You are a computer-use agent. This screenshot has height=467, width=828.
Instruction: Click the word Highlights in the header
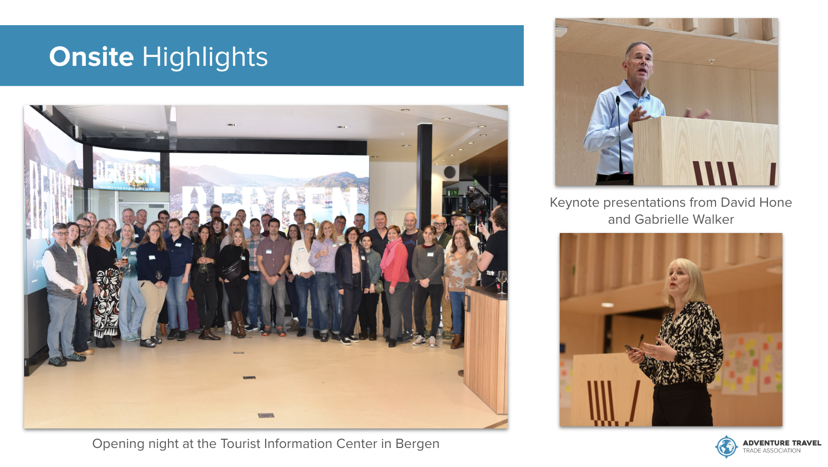205,58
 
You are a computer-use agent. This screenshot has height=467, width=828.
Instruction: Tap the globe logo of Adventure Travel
726,446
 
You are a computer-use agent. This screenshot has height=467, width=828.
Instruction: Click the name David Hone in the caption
756,203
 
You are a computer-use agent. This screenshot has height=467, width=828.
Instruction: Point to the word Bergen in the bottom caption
417,444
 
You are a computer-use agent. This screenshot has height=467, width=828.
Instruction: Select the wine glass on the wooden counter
502,281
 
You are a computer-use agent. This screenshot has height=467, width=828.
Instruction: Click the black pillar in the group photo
424,174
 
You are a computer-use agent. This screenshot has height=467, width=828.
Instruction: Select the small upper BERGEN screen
126,170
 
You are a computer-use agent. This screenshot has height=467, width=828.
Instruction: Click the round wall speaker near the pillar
449,172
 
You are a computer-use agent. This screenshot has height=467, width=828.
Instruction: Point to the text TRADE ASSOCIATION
771,451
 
